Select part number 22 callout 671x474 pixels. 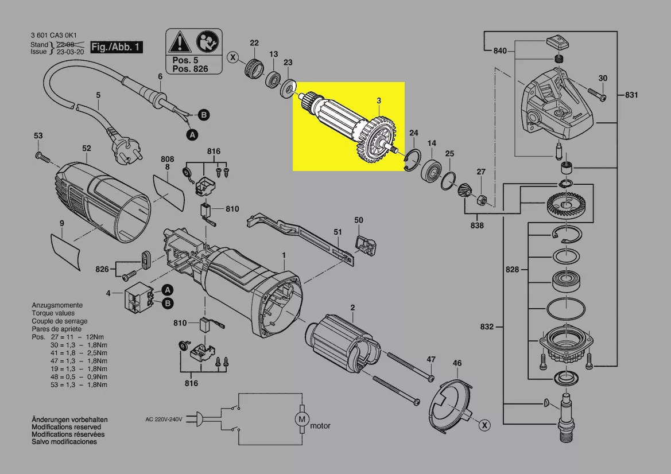[x=254, y=42]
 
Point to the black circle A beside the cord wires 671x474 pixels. [x=192, y=135]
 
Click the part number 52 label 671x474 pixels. [x=86, y=148]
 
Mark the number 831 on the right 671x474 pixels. [x=631, y=95]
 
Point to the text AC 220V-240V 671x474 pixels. [x=164, y=419]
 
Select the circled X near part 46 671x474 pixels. [x=485, y=425]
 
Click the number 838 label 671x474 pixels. [x=476, y=226]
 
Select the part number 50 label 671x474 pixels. [x=359, y=220]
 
